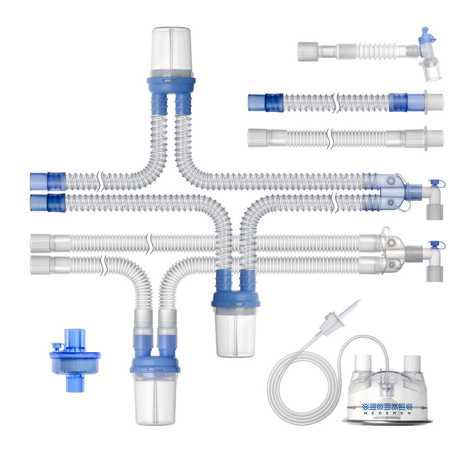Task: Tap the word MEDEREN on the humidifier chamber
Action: coord(387,413)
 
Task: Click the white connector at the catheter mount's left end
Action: coord(308,51)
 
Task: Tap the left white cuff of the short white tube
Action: coord(258,138)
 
